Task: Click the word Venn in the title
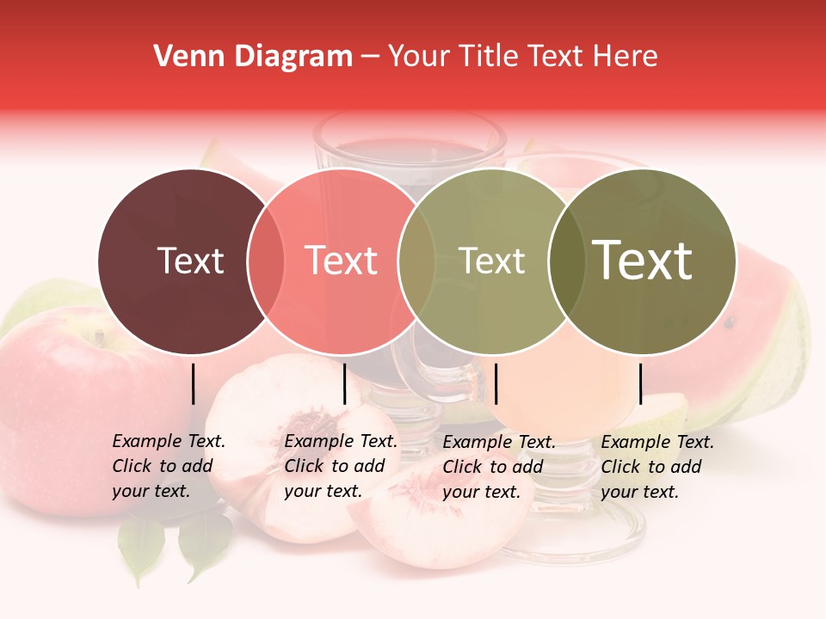pyautogui.click(x=182, y=57)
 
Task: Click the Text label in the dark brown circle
pyautogui.click(x=190, y=261)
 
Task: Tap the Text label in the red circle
pyautogui.click(x=342, y=261)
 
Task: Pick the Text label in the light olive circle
pyautogui.click(x=491, y=261)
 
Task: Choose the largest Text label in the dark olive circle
pyautogui.click(x=643, y=260)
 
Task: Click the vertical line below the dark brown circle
pyautogui.click(x=193, y=383)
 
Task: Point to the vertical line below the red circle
pyautogui.click(x=344, y=383)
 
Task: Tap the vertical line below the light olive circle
pyautogui.click(x=496, y=383)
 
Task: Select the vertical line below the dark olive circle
pyautogui.click(x=640, y=383)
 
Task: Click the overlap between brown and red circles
pyautogui.click(x=266, y=261)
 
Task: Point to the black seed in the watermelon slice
pyautogui.click(x=730, y=323)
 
